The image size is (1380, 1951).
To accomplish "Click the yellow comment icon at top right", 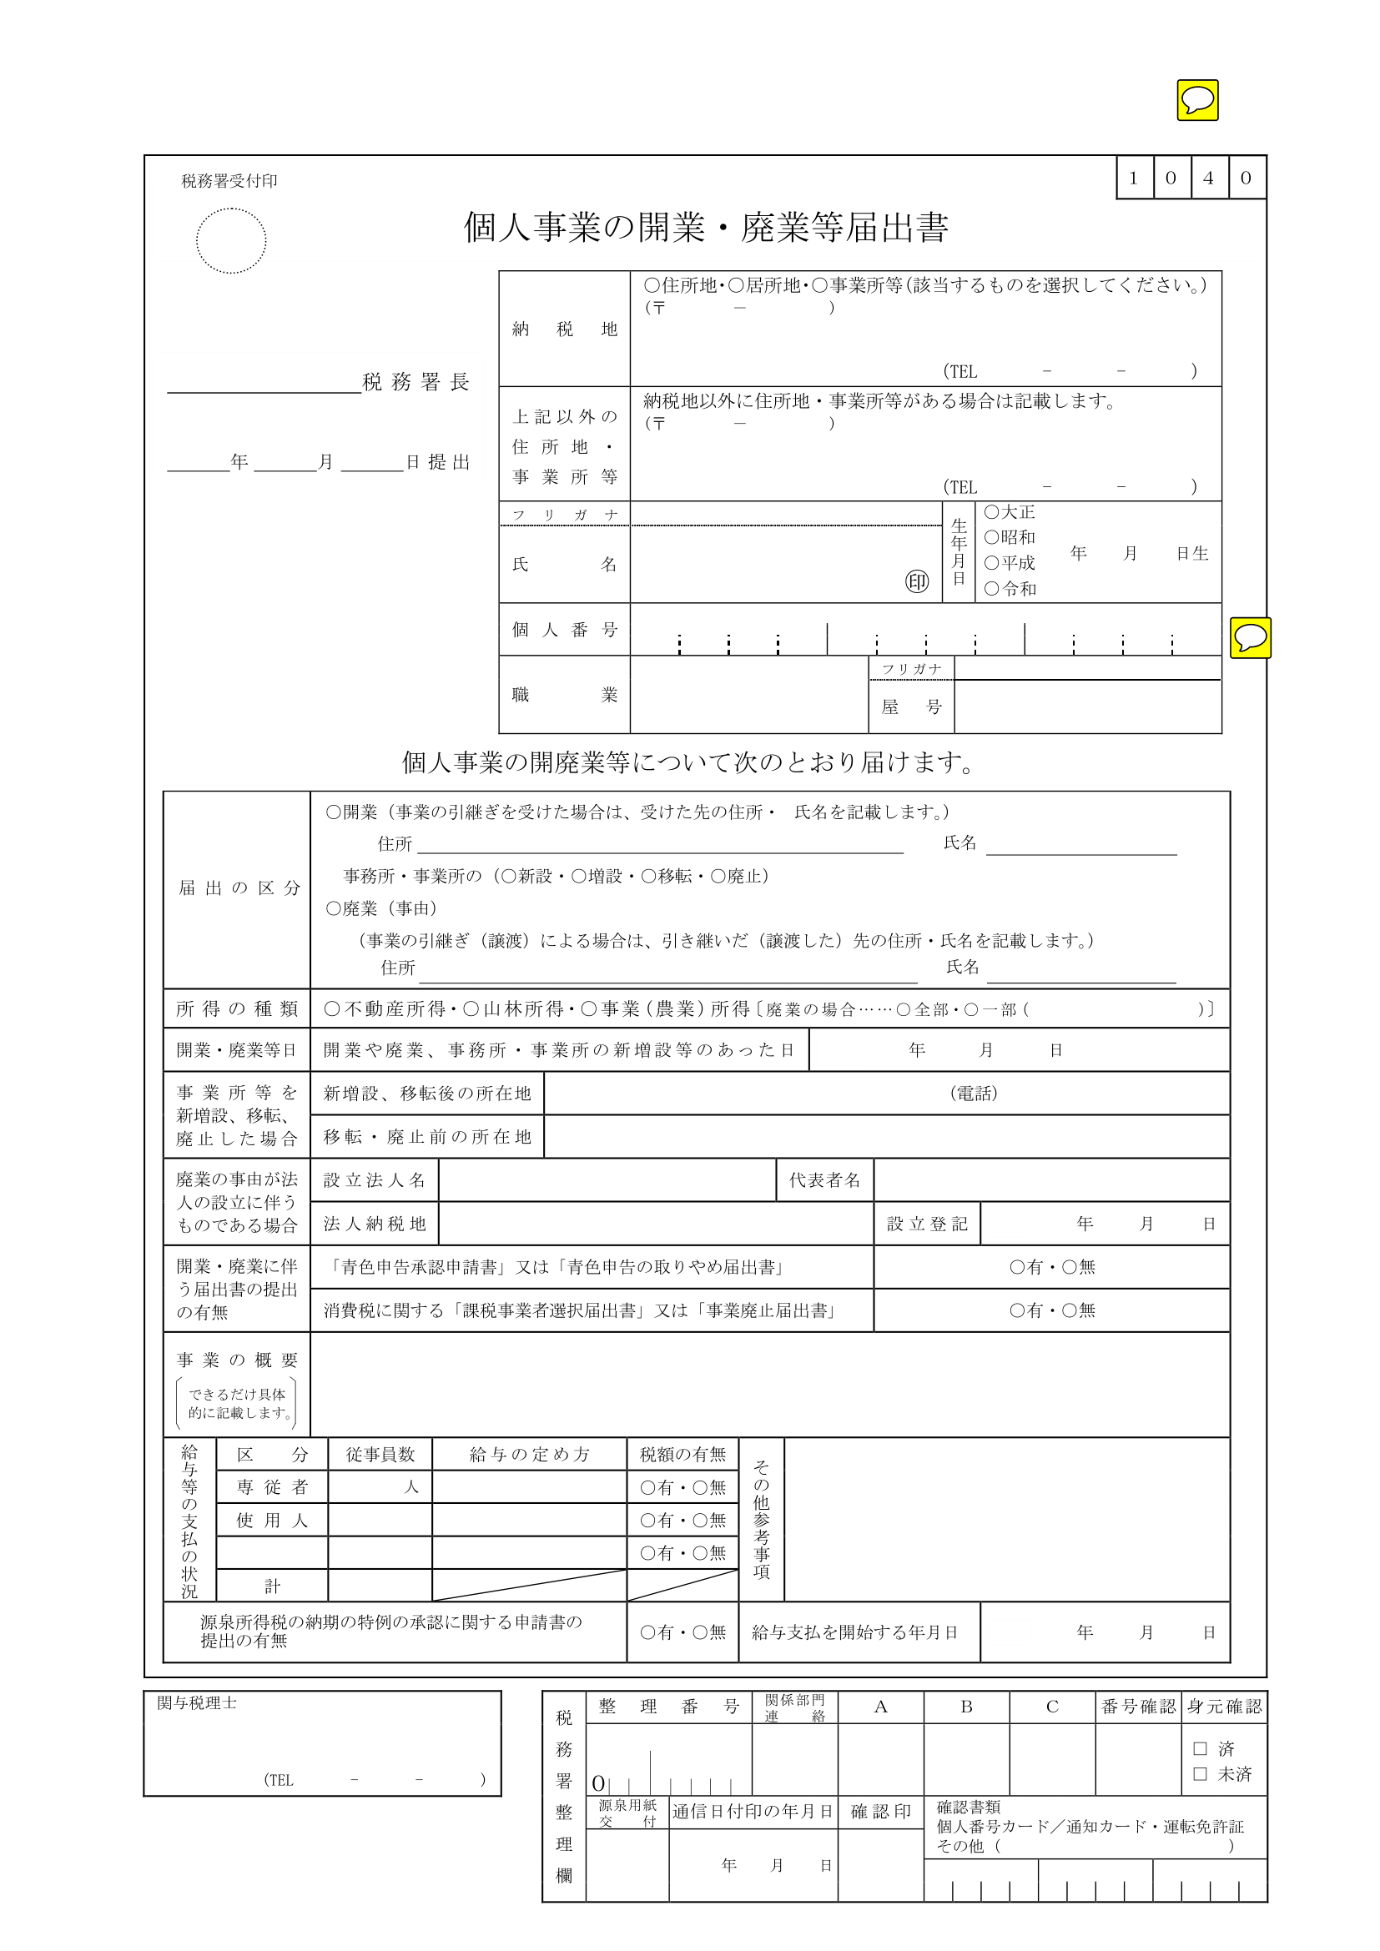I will (1197, 100).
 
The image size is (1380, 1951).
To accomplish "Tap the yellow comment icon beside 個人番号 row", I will (1250, 637).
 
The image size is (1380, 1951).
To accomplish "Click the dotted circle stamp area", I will (231, 240).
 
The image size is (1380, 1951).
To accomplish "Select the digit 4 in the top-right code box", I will (1208, 178).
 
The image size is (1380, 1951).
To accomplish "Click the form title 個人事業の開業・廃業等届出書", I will (705, 228).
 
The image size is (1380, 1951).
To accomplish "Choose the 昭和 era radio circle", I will (992, 537).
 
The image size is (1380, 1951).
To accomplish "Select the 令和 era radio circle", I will (992, 589).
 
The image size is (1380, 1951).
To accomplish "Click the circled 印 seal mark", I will (917, 582).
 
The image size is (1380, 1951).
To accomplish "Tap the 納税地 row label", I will (564, 329).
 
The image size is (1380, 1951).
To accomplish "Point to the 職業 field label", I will (564, 695).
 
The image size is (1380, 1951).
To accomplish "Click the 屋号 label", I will (911, 707).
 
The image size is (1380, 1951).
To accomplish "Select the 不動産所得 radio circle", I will (332, 1008).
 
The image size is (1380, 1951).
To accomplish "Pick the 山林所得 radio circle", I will (471, 1008).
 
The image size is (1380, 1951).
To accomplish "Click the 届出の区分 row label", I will (239, 888).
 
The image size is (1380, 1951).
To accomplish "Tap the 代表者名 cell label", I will (824, 1180).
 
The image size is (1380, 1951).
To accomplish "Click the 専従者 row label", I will (272, 1487).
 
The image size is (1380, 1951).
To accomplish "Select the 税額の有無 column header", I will (682, 1455).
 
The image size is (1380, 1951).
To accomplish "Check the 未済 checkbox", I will (1200, 1774).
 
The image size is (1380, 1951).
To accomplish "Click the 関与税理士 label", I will (197, 1703).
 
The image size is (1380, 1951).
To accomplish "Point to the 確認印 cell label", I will (880, 1812).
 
